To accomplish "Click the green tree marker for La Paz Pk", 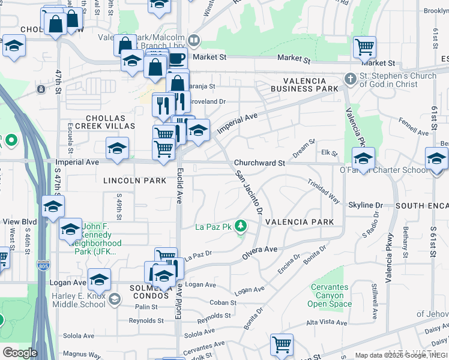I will pos(241,226).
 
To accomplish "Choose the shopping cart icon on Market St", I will pos(364,47).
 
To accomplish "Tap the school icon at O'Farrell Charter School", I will pos(363,159).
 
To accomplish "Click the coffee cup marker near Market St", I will pos(176,59).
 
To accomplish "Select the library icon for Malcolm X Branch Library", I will pos(194,41).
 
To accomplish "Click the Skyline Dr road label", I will pos(365,205).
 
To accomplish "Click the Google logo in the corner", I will pos(20,353).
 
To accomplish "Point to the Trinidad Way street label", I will pos(324,191).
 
